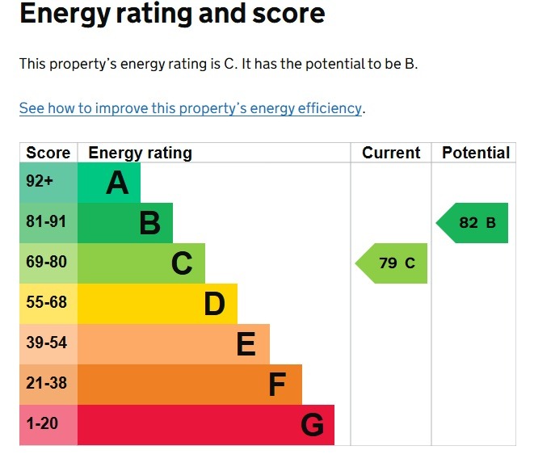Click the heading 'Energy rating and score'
click(172, 15)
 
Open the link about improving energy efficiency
click(191, 108)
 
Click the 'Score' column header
click(48, 153)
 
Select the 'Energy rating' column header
click(140, 153)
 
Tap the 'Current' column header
click(391, 153)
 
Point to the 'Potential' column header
click(476, 153)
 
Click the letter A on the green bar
click(117, 183)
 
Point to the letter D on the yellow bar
click(214, 305)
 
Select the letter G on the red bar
click(312, 425)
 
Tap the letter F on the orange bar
click(277, 385)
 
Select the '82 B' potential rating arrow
click(474, 223)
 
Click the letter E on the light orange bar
click(246, 345)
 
